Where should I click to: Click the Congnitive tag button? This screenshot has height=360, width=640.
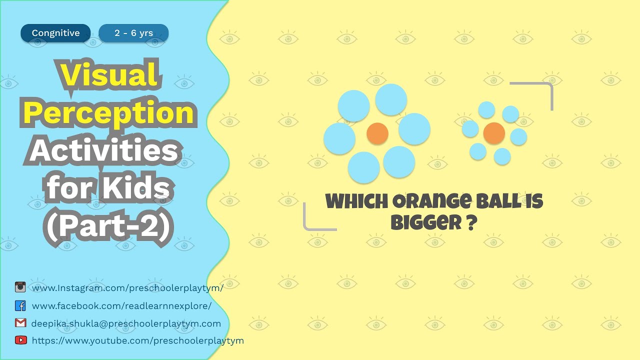[x=55, y=33]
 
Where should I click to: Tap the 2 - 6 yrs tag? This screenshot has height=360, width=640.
[x=133, y=33]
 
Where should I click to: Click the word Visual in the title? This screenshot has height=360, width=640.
[x=109, y=75]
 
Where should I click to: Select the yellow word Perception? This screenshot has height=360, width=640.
[x=108, y=113]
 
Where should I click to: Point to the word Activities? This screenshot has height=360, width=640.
[x=103, y=151]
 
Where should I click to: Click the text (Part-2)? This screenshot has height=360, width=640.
[x=109, y=227]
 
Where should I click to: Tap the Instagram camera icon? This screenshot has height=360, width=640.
[x=20, y=287]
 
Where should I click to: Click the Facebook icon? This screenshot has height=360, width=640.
[x=20, y=305]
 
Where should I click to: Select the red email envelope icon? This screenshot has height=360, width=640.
[x=20, y=323]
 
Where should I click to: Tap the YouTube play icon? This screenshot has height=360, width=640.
[x=20, y=340]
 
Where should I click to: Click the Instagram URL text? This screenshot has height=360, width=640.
[x=127, y=288]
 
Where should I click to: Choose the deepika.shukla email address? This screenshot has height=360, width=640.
[x=126, y=323]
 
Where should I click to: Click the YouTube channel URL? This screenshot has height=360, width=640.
[x=137, y=340]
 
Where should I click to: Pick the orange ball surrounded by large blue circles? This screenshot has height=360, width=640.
[x=377, y=133]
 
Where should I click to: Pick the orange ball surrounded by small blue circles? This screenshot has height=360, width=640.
[x=494, y=133]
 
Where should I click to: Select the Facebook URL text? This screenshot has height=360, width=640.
[x=121, y=306]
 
